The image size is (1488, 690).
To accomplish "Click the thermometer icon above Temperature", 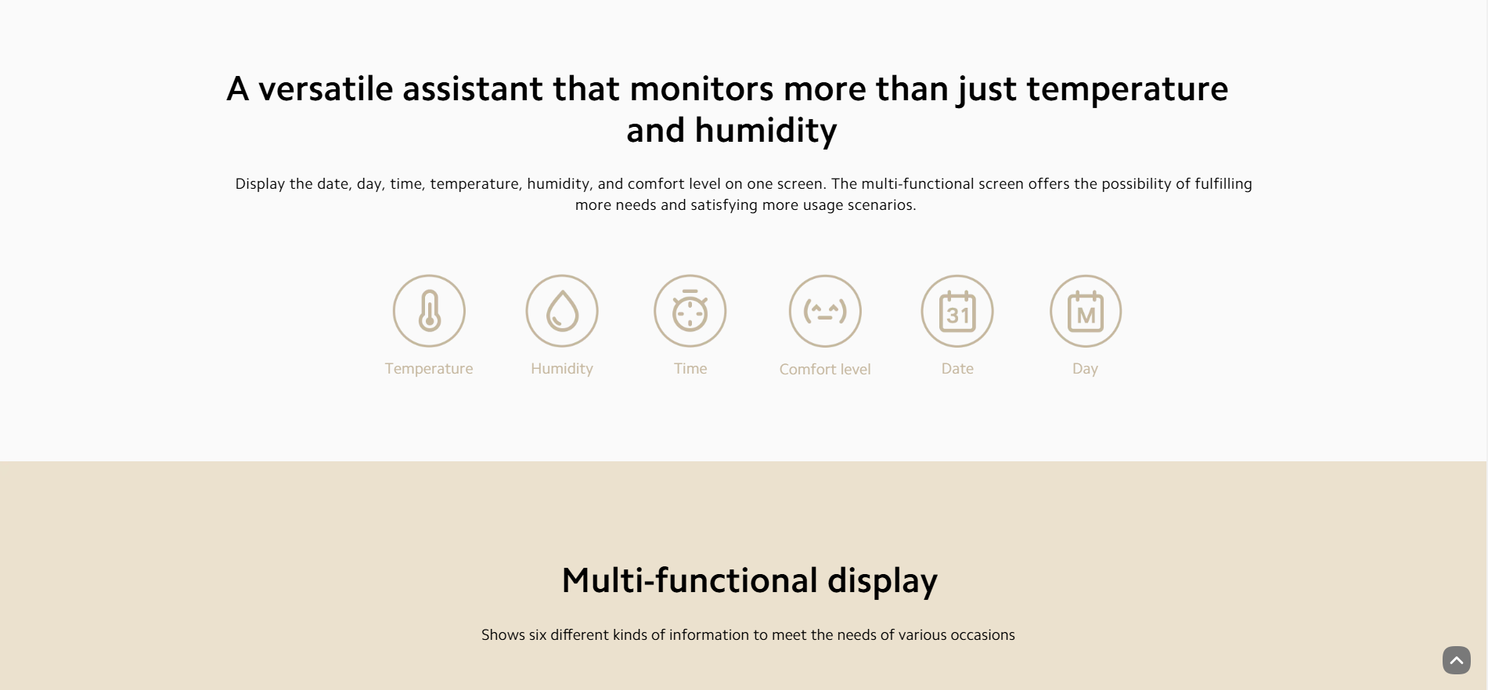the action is [x=429, y=311].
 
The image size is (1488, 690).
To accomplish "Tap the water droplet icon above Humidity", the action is [x=562, y=311].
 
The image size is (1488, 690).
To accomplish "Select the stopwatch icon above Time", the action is [x=690, y=311].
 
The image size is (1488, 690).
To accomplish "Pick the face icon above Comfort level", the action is [x=825, y=311].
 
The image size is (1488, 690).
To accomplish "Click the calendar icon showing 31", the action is [x=957, y=311].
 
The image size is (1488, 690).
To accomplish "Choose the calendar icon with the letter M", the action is [x=1086, y=311].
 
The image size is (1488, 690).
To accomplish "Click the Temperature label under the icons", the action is [x=429, y=369].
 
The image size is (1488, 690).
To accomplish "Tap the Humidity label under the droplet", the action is [x=562, y=369].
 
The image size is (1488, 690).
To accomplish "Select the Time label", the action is [x=690, y=368].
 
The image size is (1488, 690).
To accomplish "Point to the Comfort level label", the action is [x=825, y=369].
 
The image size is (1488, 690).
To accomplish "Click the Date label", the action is [x=957, y=368].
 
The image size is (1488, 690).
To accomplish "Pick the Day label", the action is [x=1085, y=369].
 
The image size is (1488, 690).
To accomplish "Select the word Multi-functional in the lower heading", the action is [x=690, y=580].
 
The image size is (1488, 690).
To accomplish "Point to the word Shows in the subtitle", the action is [x=503, y=634].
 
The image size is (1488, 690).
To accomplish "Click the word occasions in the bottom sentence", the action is [x=982, y=634].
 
